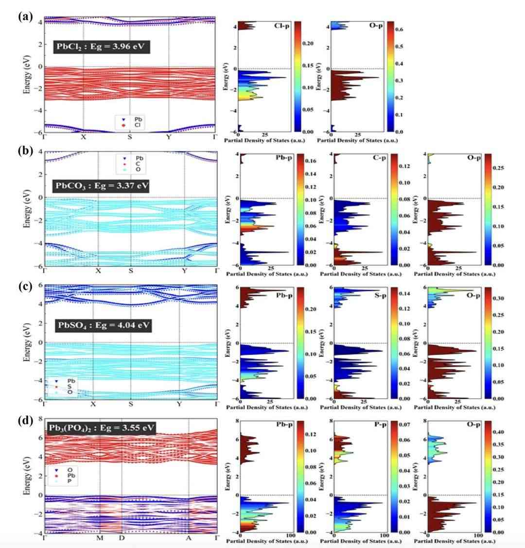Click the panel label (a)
pos(25,17)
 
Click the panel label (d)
pos(25,421)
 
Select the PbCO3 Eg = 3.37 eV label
pos(102,186)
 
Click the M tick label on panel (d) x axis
pos(100,538)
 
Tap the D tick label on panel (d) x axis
pos(122,538)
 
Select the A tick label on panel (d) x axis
pos(189,538)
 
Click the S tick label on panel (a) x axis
pos(130,137)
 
